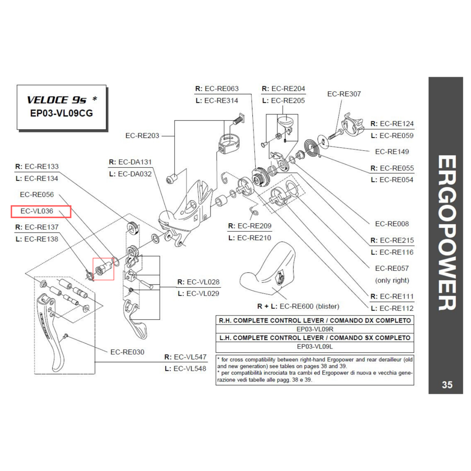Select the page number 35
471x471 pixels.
447,385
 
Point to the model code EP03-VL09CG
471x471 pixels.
62,114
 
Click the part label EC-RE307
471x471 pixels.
344,94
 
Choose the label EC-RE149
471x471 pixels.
392,152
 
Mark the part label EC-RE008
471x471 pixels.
392,224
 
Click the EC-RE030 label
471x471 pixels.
127,352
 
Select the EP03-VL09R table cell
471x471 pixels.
315,329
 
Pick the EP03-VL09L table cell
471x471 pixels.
315,347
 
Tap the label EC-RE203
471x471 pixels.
142,136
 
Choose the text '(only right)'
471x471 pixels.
392,280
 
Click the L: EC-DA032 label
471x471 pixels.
130,174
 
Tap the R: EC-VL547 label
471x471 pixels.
185,357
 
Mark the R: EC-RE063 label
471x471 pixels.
217,89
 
